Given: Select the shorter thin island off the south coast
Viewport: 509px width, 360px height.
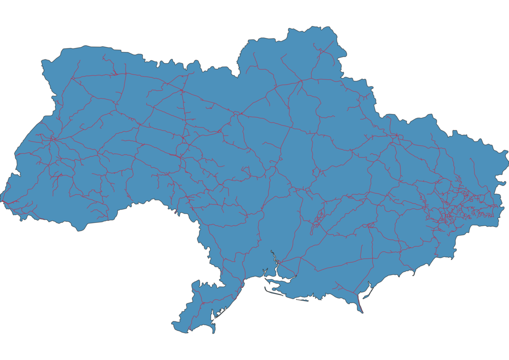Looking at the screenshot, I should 302,300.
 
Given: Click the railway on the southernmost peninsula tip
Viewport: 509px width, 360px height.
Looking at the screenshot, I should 360,307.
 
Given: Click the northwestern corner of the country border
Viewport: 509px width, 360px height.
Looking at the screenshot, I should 42,62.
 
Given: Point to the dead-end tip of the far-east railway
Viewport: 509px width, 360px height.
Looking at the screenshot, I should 470,158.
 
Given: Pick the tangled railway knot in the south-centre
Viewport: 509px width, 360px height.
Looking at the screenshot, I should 317,220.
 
